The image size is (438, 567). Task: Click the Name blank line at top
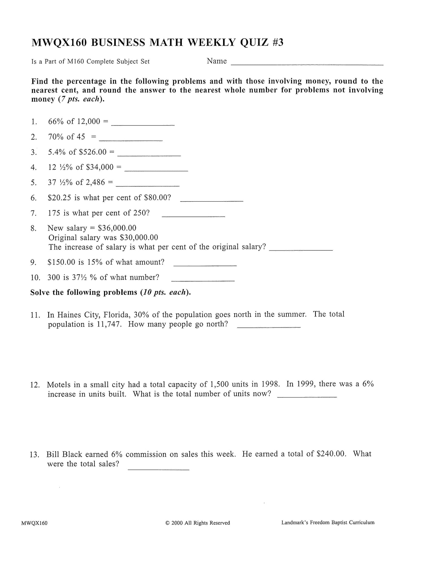pyautogui.click(x=307, y=64)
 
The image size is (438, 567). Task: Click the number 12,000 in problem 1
pyautogui.click(x=89, y=122)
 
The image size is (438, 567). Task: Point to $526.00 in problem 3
pyautogui.click(x=93, y=152)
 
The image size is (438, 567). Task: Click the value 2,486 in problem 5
pyautogui.click(x=95, y=183)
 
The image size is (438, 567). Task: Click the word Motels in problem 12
pyautogui.click(x=59, y=385)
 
